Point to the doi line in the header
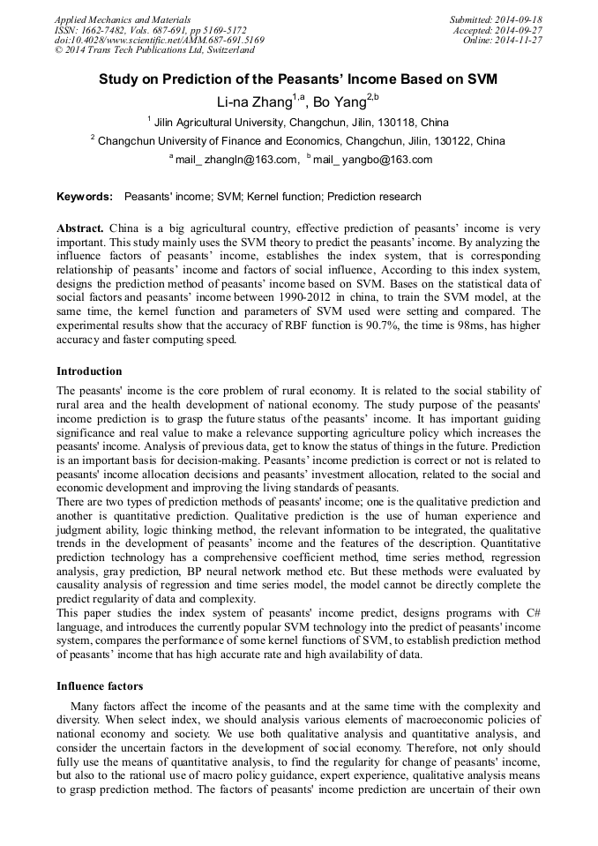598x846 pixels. point(159,40)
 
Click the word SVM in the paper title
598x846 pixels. point(482,79)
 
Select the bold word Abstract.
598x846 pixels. point(81,228)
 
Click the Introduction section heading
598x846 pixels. point(89,371)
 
